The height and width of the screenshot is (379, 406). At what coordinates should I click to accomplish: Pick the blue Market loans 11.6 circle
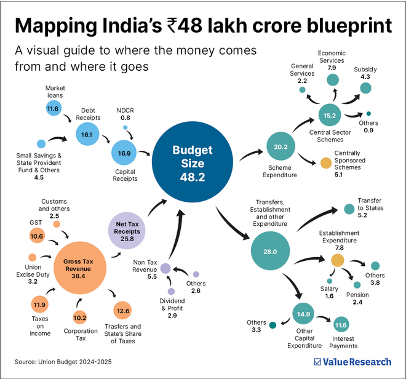click(x=54, y=109)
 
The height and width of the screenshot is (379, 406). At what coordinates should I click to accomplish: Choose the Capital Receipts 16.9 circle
click(x=124, y=151)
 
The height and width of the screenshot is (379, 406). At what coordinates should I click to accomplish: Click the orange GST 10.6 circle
click(x=36, y=236)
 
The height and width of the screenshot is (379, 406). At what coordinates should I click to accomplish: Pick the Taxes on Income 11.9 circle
click(x=39, y=305)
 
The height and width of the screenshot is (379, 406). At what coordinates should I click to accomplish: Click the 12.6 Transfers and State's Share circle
click(x=123, y=309)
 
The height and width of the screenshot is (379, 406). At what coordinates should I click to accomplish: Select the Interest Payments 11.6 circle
click(x=341, y=324)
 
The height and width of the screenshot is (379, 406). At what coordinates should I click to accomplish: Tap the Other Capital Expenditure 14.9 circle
click(x=304, y=314)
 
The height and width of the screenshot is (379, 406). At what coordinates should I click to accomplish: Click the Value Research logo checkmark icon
click(x=317, y=362)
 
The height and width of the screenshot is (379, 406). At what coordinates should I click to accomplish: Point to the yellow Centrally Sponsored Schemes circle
click(x=325, y=164)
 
